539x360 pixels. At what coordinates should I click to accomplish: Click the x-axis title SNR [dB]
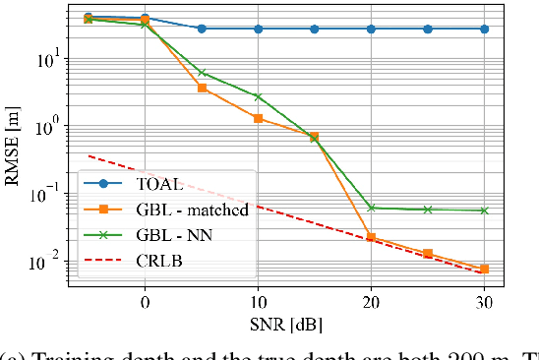point(285,322)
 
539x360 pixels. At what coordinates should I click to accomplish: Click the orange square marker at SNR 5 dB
point(202,89)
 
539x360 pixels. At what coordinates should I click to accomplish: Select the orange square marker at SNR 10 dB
point(258,118)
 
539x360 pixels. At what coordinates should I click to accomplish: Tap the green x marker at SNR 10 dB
point(258,96)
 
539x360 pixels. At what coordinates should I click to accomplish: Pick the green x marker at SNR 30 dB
point(484,210)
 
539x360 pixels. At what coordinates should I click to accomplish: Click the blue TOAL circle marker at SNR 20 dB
point(371,29)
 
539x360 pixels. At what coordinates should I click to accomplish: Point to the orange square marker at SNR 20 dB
point(371,237)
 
